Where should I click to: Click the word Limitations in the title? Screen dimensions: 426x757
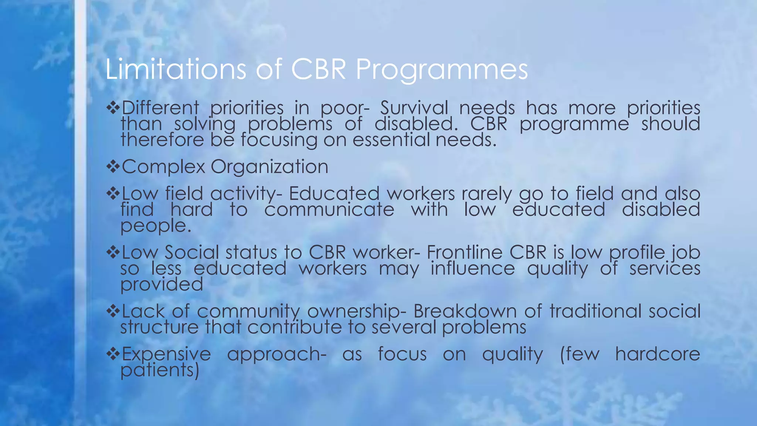click(176, 69)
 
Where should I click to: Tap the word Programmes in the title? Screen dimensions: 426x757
click(442, 70)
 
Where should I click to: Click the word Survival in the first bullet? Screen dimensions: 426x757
click(414, 108)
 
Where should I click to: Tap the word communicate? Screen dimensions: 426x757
click(329, 210)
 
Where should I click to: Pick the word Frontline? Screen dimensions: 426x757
click(466, 253)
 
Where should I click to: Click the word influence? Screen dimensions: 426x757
click(473, 268)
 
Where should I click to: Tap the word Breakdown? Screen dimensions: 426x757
click(465, 311)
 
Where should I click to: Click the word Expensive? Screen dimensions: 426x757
click(166, 354)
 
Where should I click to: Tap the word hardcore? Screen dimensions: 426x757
click(658, 354)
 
